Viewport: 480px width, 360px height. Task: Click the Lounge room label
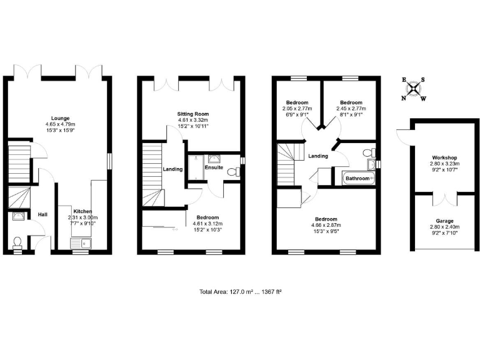point(61,118)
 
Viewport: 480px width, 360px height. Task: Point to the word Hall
point(42,214)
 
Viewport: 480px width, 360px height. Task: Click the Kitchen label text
point(82,211)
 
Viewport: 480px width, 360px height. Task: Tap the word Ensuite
point(214,168)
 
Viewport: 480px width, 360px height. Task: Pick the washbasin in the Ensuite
point(215,159)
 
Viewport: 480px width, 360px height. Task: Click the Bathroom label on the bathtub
point(358,179)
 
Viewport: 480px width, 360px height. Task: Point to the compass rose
point(413,89)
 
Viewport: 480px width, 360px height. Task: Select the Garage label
point(445,221)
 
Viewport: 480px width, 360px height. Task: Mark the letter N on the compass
point(404,98)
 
